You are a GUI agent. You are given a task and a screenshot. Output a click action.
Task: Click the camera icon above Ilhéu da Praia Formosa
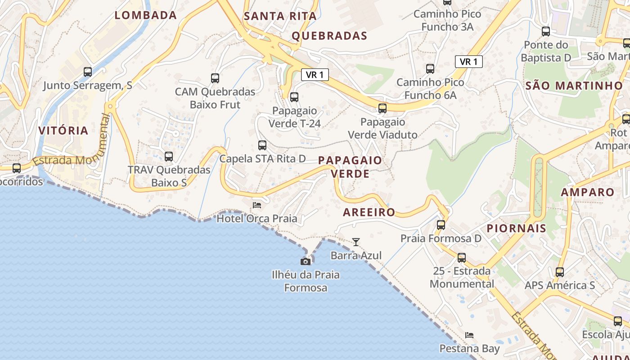(x=306, y=261)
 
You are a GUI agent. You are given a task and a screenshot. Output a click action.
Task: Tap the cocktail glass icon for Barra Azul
(x=356, y=242)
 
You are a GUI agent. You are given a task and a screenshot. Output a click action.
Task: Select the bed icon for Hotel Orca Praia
(x=257, y=205)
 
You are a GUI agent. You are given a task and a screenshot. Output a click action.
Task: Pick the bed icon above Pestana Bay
(x=469, y=335)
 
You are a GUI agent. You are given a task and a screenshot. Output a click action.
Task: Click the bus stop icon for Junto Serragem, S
(x=88, y=72)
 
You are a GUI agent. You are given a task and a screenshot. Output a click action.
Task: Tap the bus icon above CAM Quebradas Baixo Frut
(x=215, y=78)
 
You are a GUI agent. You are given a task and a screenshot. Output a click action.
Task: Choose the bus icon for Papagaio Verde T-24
(x=294, y=97)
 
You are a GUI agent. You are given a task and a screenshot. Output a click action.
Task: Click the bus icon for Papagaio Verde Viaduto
(x=382, y=108)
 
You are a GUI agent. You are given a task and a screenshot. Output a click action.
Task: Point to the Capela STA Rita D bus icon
(x=262, y=145)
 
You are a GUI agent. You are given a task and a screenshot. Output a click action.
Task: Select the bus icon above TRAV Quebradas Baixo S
(x=169, y=157)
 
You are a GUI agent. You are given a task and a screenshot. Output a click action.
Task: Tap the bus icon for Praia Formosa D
(x=441, y=225)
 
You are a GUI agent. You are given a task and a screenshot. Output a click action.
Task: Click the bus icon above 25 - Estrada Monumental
(x=462, y=258)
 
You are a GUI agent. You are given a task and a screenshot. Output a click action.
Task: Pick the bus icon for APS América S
(x=560, y=272)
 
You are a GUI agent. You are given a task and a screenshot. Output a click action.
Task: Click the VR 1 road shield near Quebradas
(x=315, y=75)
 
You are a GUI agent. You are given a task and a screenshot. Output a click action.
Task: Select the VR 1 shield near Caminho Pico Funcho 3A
(x=468, y=62)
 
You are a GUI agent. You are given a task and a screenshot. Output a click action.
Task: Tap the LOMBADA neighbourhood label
(x=145, y=15)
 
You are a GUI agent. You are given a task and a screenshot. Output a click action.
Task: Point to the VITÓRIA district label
(x=63, y=131)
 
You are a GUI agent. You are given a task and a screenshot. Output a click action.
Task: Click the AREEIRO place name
(x=369, y=212)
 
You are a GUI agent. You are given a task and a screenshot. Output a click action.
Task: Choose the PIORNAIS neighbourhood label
(x=516, y=228)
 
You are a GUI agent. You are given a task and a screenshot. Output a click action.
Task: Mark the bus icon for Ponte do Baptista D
(x=546, y=31)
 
